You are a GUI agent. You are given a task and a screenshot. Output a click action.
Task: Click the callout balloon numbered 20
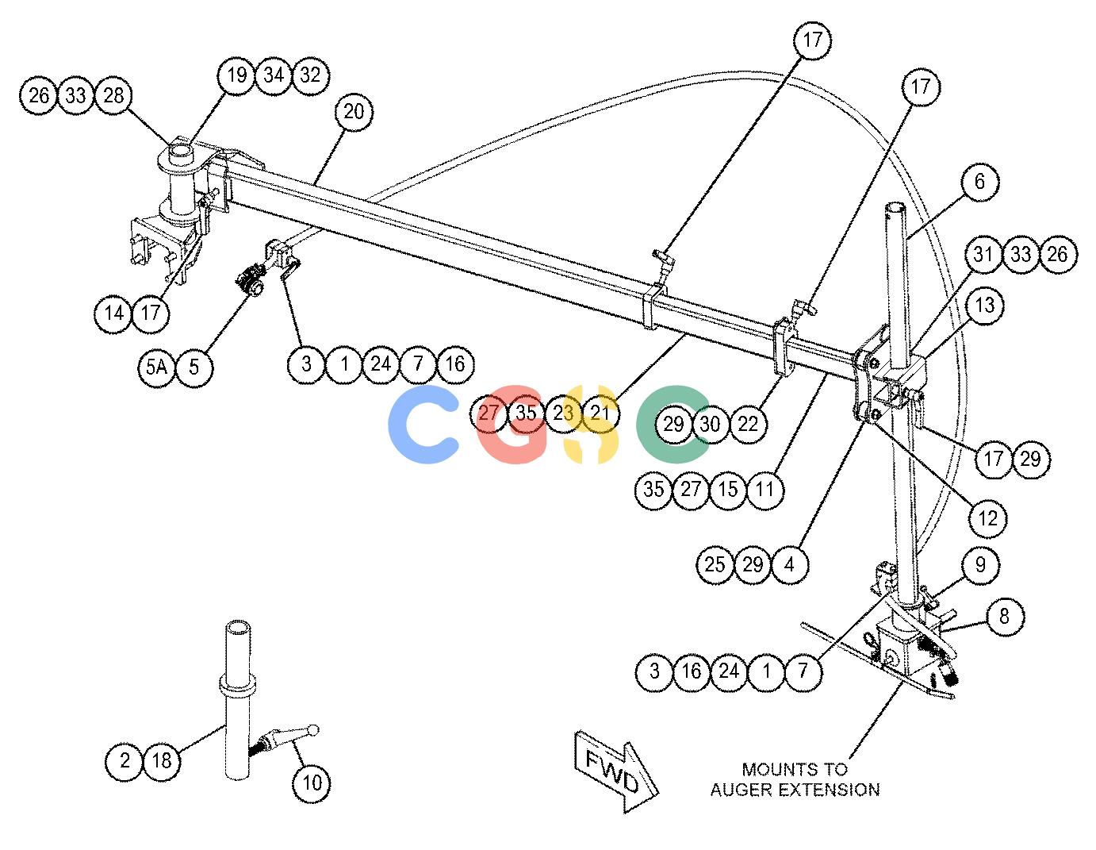pos(354,112)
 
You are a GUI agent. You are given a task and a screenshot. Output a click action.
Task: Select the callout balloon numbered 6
pos(979,181)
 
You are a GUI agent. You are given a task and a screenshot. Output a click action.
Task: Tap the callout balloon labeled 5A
pos(156,367)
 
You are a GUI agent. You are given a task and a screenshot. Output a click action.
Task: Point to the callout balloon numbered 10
pos(312,783)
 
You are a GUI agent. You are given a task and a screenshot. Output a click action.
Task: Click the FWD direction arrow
pos(616,770)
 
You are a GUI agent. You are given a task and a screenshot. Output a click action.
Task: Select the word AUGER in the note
pos(742,790)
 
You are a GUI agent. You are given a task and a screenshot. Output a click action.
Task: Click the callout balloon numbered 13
pos(985,306)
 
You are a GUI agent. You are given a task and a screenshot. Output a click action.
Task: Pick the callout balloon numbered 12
pos(987,518)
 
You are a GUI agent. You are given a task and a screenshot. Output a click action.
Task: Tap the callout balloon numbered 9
pos(980,564)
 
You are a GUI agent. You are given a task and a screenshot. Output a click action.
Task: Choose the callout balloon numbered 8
pos(1004,616)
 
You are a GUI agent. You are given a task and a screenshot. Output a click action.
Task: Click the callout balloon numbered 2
pos(124,760)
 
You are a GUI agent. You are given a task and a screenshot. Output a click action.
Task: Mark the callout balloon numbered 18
pos(162,760)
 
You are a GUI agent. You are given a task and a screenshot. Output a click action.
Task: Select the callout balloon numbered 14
pos(113,313)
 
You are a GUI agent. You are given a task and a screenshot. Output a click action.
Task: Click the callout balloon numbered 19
pos(236,75)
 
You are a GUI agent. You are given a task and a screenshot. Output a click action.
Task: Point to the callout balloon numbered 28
pos(113,95)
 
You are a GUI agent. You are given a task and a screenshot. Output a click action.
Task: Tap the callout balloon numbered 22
pos(748,424)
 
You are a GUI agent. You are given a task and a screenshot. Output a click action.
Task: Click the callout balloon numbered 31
pos(983,254)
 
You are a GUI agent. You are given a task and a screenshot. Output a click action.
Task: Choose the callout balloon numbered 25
pos(715,564)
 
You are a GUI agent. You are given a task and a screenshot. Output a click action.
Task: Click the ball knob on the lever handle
pos(313,730)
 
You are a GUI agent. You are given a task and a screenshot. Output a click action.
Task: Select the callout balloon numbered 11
pos(765,489)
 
